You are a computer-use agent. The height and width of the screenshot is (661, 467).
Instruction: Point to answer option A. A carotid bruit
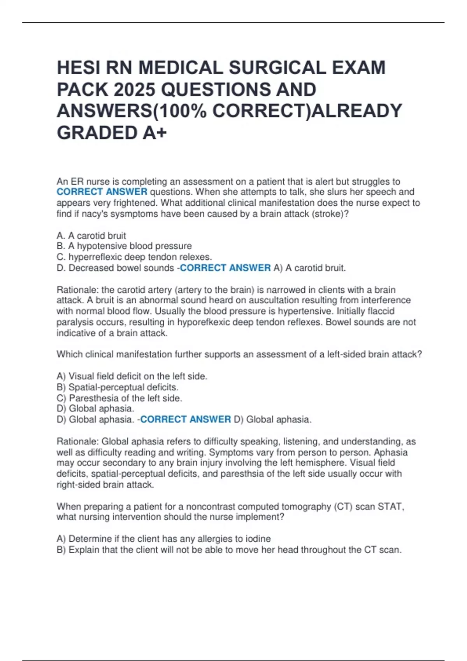[x=91, y=236]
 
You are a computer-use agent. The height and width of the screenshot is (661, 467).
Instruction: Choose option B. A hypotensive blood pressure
[x=125, y=246]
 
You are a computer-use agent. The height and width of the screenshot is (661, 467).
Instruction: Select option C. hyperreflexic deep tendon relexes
[x=135, y=257]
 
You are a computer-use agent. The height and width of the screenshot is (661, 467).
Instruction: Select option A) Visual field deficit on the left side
[x=132, y=376]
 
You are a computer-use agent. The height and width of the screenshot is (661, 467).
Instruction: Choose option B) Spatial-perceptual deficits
[x=118, y=387]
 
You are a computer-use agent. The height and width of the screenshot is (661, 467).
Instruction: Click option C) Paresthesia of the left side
[x=119, y=398]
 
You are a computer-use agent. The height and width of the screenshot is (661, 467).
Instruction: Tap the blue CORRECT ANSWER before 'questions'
[x=102, y=192]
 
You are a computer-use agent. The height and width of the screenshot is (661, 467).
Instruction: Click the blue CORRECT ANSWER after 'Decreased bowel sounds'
[x=225, y=268]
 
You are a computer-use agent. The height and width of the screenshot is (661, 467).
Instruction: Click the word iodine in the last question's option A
[x=258, y=539]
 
